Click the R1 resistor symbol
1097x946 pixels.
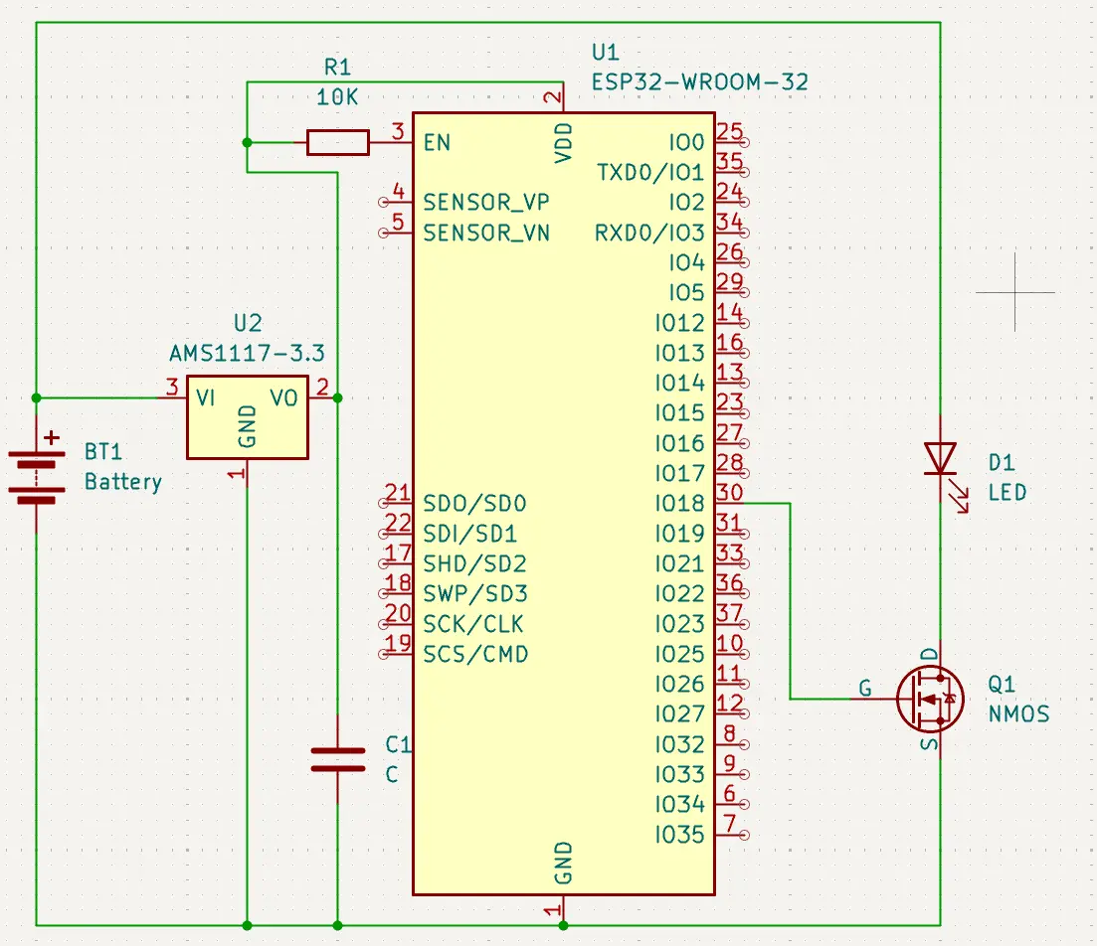click(338, 143)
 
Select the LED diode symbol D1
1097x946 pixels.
click(940, 460)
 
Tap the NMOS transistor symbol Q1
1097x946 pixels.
click(930, 699)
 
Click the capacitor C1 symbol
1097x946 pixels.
click(338, 760)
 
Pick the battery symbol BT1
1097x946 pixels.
click(37, 476)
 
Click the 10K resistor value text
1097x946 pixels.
click(338, 97)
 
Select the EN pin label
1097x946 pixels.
click(437, 143)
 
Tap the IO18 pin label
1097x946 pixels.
click(680, 504)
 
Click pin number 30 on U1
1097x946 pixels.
click(729, 492)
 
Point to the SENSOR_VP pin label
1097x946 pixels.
click(486, 203)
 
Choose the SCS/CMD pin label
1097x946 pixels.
click(475, 655)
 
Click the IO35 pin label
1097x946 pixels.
click(680, 835)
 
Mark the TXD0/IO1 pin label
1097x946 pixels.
click(650, 173)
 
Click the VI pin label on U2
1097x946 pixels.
click(206, 397)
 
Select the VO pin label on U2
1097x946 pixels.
click(284, 397)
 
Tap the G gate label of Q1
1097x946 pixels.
click(865, 688)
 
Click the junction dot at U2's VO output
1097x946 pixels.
click(338, 397)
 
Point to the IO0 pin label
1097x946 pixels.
click(687, 143)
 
